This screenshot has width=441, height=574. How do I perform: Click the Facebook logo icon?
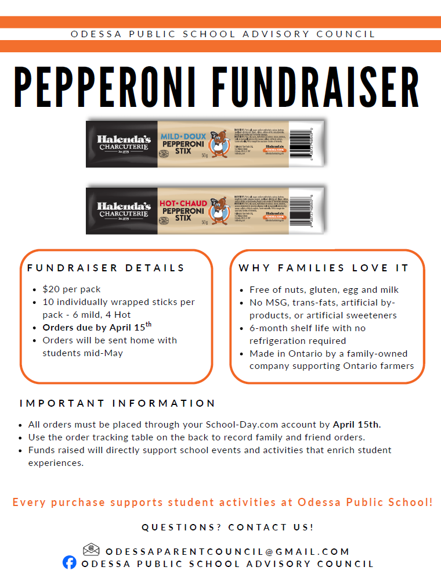70,562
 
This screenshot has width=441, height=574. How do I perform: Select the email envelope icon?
91,549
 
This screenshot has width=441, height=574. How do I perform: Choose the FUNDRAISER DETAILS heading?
106,268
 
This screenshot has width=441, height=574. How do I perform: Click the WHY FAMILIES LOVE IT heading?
324,268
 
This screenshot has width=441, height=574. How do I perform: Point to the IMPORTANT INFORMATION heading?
117,403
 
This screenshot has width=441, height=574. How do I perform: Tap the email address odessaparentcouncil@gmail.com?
227,551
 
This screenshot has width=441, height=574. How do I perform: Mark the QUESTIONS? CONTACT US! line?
227,528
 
